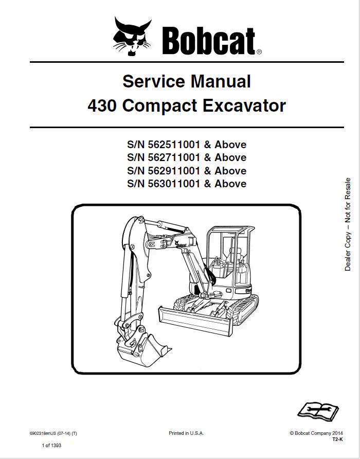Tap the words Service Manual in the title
pos(187,81)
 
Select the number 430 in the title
pos(103,106)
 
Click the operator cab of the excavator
pos(230,257)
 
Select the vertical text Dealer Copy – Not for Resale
pos(348,224)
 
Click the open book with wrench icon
pos(318,410)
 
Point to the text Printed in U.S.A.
pos(187,434)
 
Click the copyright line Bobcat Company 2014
pos(316,434)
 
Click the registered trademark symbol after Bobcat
pos(259,51)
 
